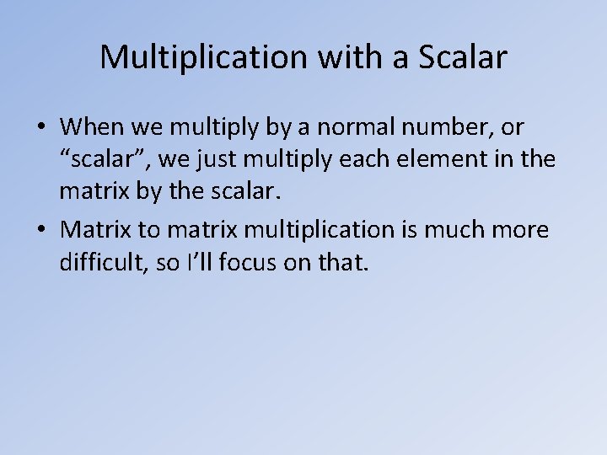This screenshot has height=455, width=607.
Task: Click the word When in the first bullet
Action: point(92,128)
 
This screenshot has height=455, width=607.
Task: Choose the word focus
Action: point(245,264)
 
